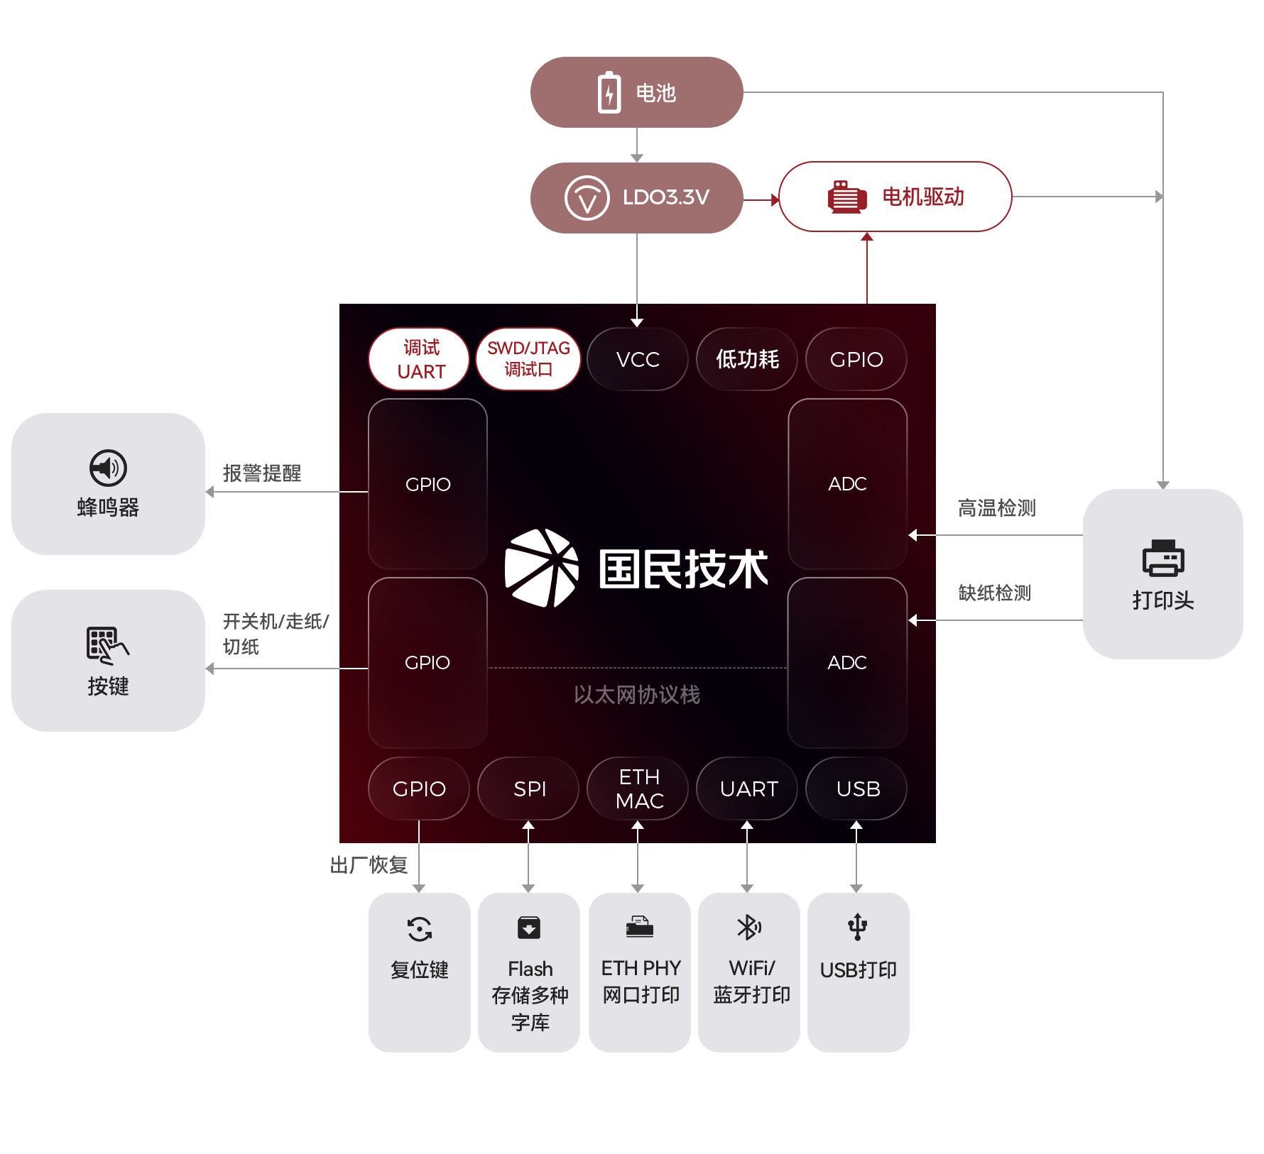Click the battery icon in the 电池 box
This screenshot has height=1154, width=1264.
point(609,92)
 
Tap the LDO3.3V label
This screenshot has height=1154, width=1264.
point(665,197)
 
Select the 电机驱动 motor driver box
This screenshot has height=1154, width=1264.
point(895,197)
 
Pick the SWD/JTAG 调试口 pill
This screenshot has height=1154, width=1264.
point(528,359)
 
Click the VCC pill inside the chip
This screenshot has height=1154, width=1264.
point(638,359)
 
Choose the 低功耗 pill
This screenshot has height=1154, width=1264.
point(747,359)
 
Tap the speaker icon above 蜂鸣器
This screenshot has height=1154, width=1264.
point(108,468)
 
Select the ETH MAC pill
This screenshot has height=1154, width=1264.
point(638,788)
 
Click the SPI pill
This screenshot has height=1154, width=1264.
point(529,788)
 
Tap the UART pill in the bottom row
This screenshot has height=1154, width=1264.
point(748,788)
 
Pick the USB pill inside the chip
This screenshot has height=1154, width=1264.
point(857,788)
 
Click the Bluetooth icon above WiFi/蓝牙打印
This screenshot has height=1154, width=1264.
point(748,927)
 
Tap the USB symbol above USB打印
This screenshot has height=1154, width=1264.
point(857,927)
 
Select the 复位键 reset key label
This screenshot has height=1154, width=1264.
point(419,969)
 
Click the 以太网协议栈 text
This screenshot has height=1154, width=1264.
point(637,694)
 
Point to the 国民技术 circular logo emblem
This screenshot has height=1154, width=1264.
point(541,568)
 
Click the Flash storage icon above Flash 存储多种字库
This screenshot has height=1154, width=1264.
point(529,928)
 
